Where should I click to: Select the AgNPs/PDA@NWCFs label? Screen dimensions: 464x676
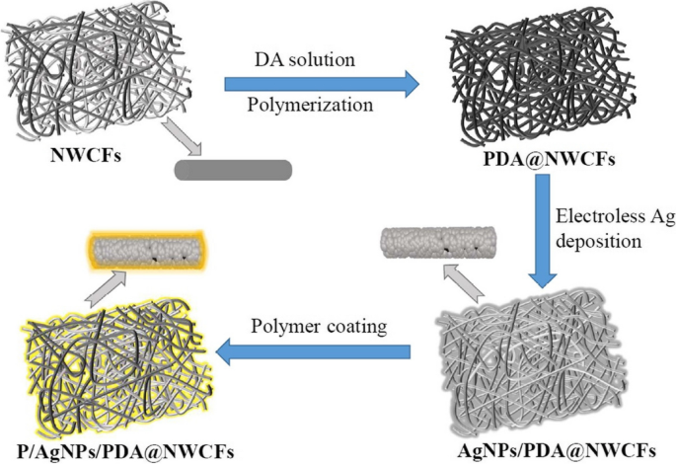click(548, 448)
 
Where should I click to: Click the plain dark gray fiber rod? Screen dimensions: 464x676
click(232, 170)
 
